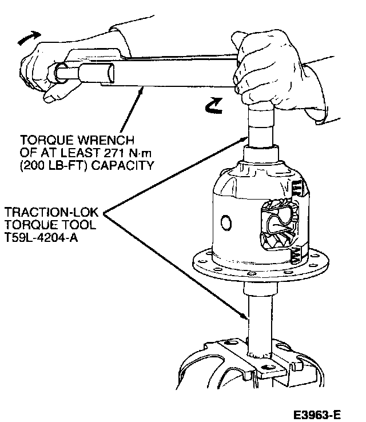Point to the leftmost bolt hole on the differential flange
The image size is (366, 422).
coord(197,262)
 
